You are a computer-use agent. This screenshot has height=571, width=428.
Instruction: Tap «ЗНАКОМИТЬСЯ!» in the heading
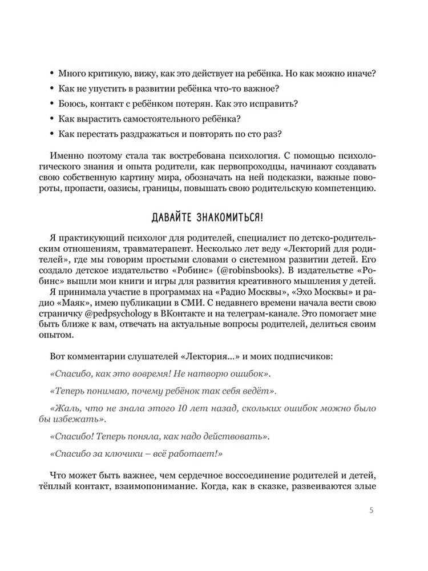pyautogui.click(x=236, y=217)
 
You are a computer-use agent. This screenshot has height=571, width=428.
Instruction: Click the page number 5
pyautogui.click(x=372, y=510)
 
